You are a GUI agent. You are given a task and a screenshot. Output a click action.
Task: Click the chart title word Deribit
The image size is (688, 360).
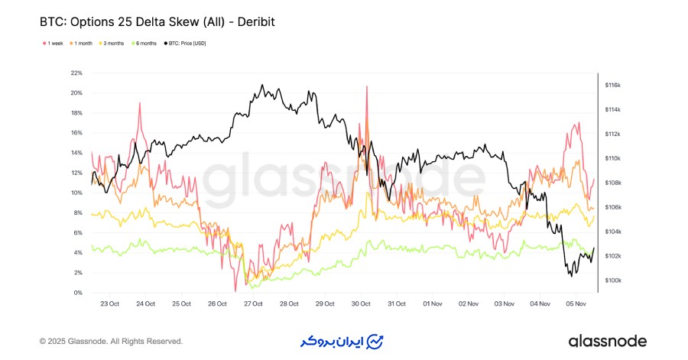click(x=251, y=22)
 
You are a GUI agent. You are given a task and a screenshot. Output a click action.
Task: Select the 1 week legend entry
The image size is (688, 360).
click(x=54, y=44)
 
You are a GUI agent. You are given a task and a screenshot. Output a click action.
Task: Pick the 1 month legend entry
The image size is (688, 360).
click(x=82, y=44)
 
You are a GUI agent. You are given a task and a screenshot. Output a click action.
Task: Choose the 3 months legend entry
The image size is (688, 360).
click(x=112, y=44)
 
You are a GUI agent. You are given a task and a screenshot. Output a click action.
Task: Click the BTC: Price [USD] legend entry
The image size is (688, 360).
click(x=186, y=44)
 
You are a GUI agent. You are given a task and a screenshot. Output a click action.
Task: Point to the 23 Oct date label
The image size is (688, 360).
click(x=109, y=303)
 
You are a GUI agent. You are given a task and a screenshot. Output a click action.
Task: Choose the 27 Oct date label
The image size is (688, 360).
click(x=253, y=303)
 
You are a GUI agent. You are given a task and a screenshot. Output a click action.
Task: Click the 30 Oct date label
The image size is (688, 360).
click(x=361, y=303)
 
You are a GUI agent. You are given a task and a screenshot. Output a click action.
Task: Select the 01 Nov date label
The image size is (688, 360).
click(x=433, y=303)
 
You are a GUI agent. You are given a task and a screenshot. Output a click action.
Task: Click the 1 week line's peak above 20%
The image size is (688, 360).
click(x=367, y=86)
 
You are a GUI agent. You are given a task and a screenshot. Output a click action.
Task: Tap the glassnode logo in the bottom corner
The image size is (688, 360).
click(x=608, y=341)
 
